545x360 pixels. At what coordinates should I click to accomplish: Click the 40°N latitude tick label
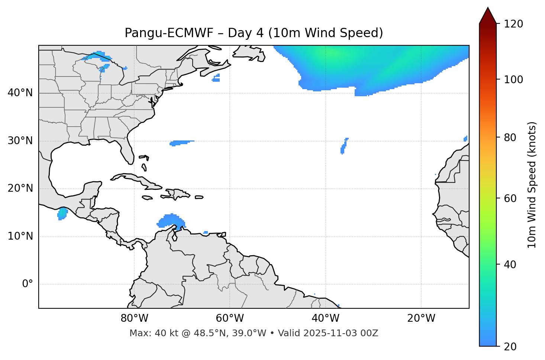(x=20, y=93)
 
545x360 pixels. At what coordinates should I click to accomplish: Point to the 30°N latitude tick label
(x=20, y=141)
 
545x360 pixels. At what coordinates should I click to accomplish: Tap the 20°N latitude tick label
(x=20, y=188)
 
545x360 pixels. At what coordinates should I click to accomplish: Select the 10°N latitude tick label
(x=20, y=236)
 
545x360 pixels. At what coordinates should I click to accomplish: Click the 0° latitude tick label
(x=27, y=284)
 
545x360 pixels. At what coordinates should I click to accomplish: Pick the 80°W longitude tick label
(x=134, y=318)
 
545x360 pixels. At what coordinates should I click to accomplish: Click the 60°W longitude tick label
(x=230, y=318)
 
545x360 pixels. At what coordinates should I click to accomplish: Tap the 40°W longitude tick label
(x=325, y=318)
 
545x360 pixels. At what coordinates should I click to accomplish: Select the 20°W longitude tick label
(x=421, y=318)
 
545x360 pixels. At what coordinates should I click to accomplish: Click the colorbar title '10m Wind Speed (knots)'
(x=532, y=185)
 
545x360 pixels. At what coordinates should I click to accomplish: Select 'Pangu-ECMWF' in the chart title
(x=169, y=33)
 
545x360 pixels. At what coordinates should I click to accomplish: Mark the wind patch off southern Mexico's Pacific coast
(x=62, y=214)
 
